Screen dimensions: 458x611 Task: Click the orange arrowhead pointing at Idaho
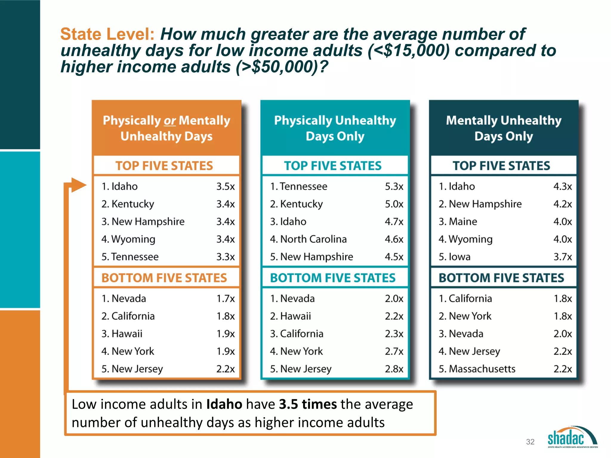click(78, 185)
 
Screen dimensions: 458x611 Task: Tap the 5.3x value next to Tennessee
click(394, 187)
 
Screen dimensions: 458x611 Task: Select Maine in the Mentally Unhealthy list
click(463, 222)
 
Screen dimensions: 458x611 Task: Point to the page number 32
click(530, 442)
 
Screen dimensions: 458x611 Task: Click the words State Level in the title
click(107, 34)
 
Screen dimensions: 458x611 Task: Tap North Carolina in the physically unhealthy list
click(313, 239)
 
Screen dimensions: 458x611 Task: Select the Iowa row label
click(459, 257)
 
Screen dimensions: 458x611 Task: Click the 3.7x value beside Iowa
click(563, 257)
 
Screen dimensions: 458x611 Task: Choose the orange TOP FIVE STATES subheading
click(164, 166)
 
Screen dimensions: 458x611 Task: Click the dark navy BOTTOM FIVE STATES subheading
click(501, 278)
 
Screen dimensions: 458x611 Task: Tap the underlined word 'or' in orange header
click(170, 121)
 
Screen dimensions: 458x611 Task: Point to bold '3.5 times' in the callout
click(308, 404)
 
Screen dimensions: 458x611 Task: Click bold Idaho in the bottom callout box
click(224, 404)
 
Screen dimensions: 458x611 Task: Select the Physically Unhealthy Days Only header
click(335, 128)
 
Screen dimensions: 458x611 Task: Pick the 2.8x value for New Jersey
click(394, 369)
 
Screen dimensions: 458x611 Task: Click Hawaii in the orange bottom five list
click(127, 334)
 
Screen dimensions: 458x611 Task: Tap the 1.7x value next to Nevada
click(226, 298)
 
